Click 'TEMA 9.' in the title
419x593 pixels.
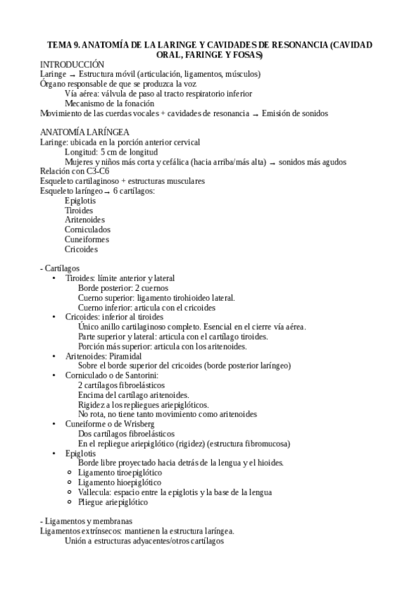63,44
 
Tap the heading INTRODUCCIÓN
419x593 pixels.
73,64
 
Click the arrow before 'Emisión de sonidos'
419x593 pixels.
255,113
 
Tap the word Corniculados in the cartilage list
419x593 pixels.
87,229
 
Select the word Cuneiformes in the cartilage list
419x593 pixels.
87,239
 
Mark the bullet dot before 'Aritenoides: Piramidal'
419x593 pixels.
55,355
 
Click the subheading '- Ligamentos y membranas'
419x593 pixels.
86,521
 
